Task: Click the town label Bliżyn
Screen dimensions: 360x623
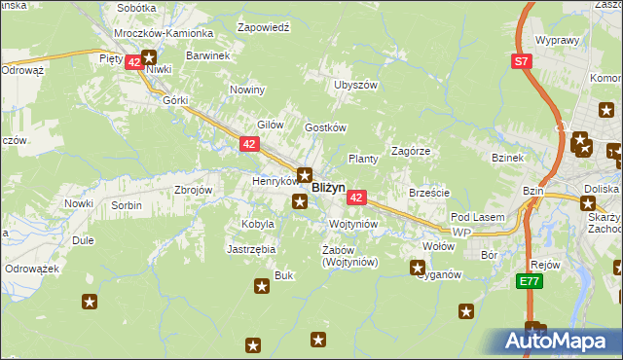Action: click(328, 189)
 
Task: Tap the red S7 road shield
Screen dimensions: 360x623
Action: click(524, 61)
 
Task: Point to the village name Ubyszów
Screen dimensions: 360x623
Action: click(355, 85)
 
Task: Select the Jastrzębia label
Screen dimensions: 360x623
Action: click(252, 249)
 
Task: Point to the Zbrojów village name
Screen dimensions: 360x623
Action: click(193, 190)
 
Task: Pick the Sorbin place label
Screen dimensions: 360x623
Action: click(126, 205)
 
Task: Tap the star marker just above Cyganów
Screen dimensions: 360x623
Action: click(418, 267)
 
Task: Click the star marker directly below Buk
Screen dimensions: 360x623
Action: click(261, 286)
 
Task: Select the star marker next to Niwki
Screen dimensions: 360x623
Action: click(149, 57)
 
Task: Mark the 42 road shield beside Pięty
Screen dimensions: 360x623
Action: click(133, 60)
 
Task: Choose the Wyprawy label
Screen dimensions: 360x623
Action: click(558, 41)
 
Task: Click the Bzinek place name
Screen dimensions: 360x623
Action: click(508, 158)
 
